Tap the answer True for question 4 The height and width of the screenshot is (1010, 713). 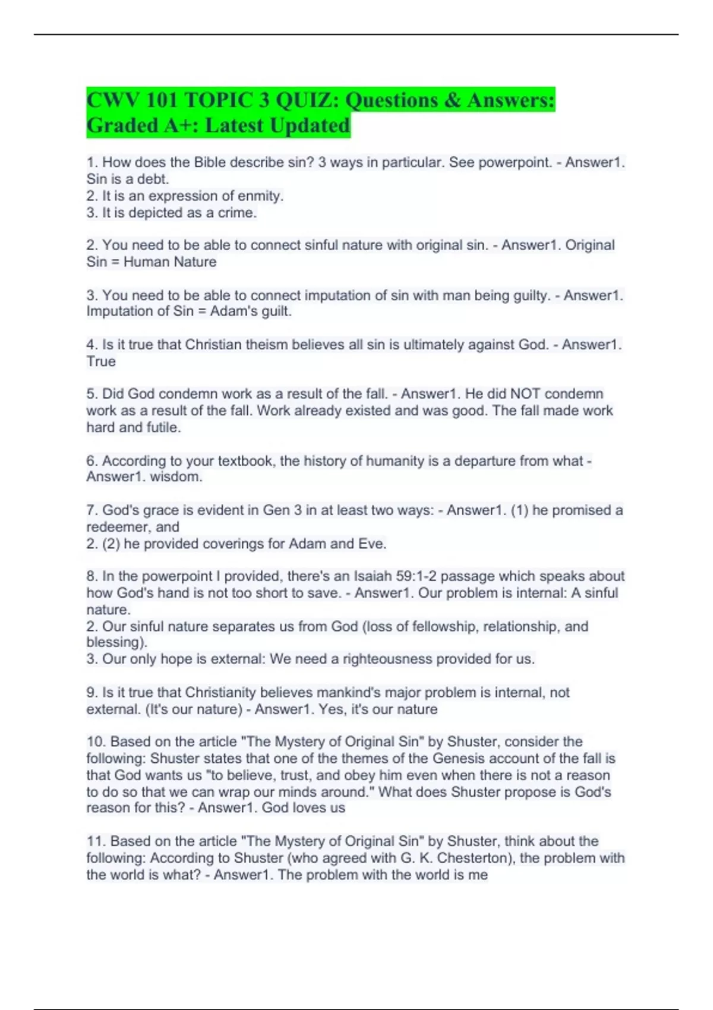[101, 361]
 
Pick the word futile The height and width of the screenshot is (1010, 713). [163, 427]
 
